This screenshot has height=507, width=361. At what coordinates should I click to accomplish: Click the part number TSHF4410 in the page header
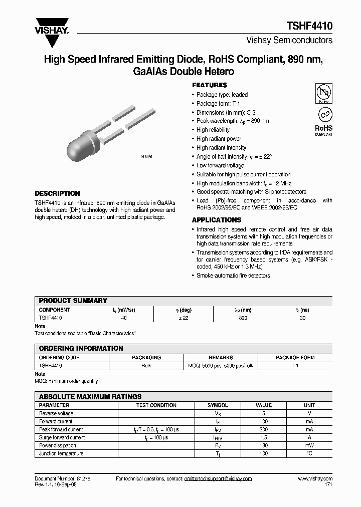[309, 27]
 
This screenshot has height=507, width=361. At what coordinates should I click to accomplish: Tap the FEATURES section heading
[210, 85]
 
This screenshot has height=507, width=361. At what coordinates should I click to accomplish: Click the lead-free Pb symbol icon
[324, 93]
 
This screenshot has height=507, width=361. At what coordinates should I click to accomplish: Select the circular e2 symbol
[324, 114]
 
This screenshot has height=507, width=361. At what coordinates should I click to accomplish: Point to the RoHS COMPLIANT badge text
[324, 130]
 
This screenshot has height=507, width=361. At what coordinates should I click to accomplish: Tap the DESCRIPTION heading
[57, 193]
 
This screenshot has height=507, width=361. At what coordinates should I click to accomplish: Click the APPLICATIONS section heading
[217, 220]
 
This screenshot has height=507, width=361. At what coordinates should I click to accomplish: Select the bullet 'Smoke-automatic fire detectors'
[233, 276]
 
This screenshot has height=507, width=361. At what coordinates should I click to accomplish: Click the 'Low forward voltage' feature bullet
[220, 166]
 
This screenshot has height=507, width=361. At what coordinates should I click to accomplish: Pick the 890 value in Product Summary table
[243, 318]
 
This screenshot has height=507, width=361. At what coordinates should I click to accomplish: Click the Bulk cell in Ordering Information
[146, 366]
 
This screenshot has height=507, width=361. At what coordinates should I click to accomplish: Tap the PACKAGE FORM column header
[295, 358]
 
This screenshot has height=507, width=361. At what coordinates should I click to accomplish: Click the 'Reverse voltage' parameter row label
[56, 413]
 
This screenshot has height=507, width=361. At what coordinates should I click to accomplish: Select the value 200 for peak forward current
[264, 429]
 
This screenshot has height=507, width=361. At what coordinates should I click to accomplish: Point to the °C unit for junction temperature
[309, 453]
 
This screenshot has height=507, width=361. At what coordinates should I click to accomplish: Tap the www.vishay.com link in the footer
[315, 478]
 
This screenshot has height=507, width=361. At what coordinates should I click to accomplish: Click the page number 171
[328, 484]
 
